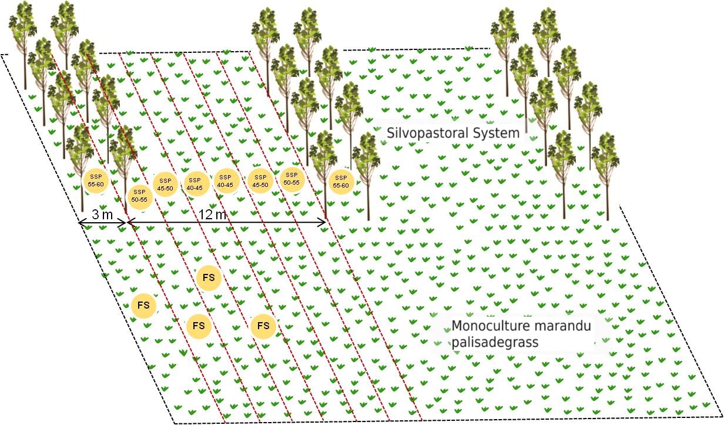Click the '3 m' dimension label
103,215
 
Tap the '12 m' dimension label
213,215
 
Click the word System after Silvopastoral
497,133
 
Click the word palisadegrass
495,342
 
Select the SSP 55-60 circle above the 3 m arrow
96,180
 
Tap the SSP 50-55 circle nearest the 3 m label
139,196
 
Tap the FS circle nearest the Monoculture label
263,326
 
